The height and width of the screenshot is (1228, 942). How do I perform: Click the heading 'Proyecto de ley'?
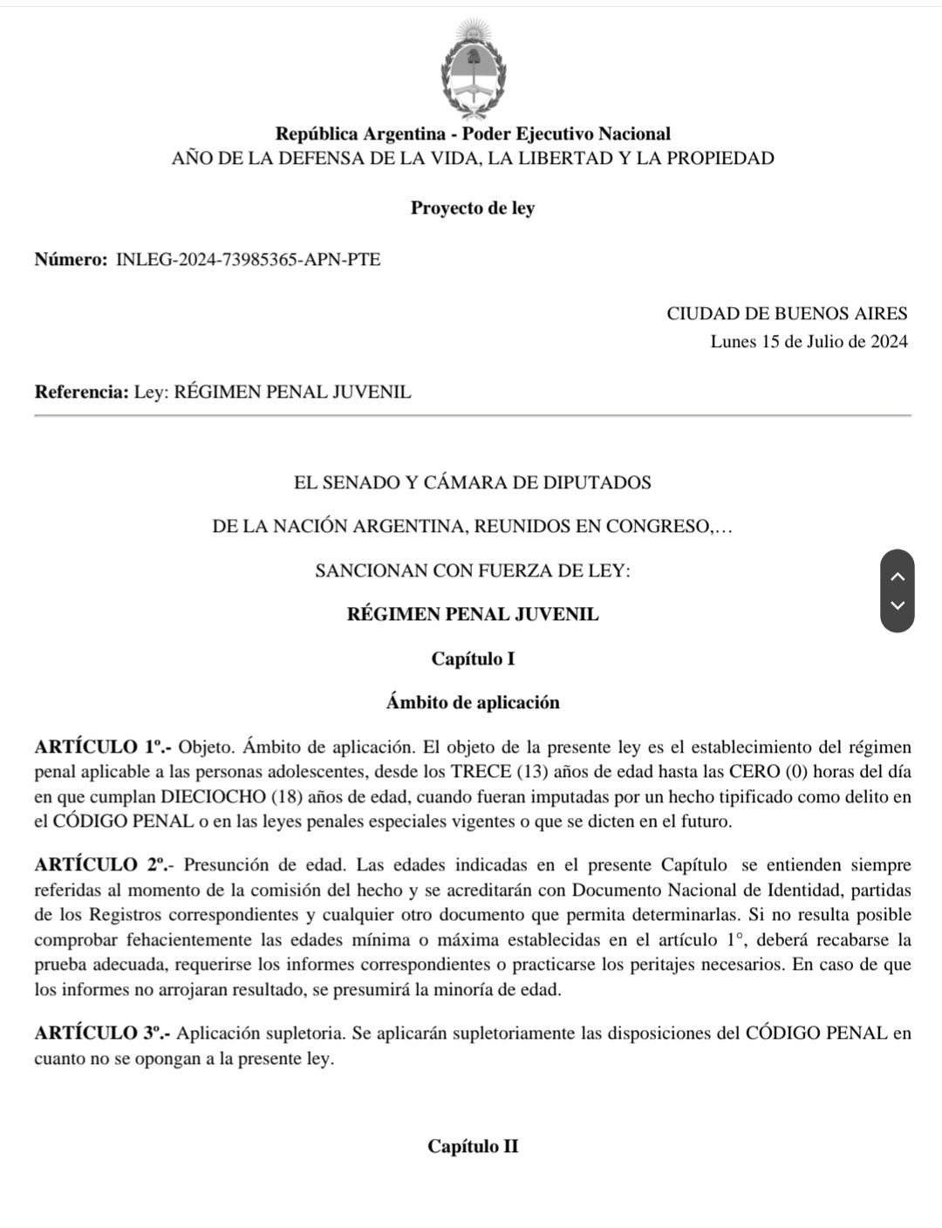[x=473, y=208]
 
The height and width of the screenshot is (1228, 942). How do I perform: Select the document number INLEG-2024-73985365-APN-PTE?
[x=248, y=260]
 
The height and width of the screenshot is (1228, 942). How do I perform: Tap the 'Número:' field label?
[x=71, y=260]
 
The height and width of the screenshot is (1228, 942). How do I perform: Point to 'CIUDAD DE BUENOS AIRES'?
[x=787, y=314]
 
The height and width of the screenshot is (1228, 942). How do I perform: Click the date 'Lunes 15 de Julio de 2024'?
[x=809, y=342]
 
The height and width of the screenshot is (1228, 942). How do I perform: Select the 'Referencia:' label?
[x=81, y=392]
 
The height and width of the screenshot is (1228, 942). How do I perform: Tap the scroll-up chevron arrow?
[x=898, y=576]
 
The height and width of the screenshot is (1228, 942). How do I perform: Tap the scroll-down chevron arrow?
[x=898, y=605]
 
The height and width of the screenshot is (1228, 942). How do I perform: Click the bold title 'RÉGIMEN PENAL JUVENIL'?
[x=473, y=614]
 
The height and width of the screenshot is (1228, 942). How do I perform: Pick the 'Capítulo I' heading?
[x=473, y=659]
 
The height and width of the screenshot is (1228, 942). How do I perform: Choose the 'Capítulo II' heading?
[x=473, y=1147]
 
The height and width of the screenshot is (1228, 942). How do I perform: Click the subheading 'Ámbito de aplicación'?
[x=473, y=703]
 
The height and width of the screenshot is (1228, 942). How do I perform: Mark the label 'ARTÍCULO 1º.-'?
[x=103, y=747]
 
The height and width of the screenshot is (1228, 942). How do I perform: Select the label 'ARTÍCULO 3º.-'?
[x=103, y=1034]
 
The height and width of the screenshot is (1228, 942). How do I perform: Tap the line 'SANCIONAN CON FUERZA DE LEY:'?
[x=473, y=571]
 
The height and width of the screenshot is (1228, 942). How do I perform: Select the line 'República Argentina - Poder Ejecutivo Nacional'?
[x=473, y=134]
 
